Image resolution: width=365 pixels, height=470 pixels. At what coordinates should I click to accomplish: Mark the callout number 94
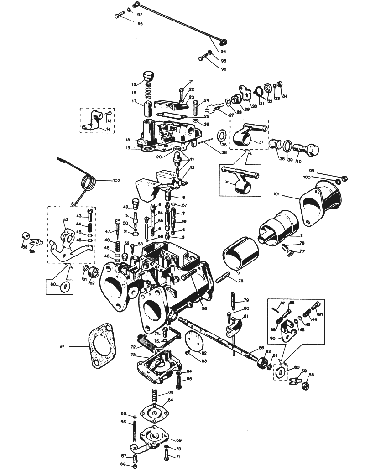tap(224, 52)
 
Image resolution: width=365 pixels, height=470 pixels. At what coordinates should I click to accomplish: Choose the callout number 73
tap(133, 355)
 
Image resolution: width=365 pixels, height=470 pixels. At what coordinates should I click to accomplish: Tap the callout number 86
tap(261, 348)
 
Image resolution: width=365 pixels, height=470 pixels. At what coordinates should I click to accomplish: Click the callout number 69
tap(179, 440)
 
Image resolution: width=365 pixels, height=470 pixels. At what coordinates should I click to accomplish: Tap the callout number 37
tap(261, 142)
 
